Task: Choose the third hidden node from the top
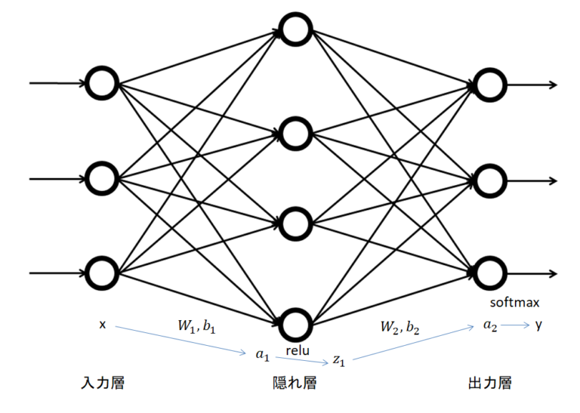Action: [x=295, y=224]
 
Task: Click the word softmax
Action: [x=514, y=304]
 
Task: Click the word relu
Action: [x=297, y=350]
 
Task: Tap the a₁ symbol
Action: [x=262, y=354]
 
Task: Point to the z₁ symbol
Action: [x=339, y=362]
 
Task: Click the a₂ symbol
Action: [x=490, y=326]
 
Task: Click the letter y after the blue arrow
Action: [x=538, y=325]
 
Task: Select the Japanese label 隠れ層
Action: [x=294, y=384]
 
